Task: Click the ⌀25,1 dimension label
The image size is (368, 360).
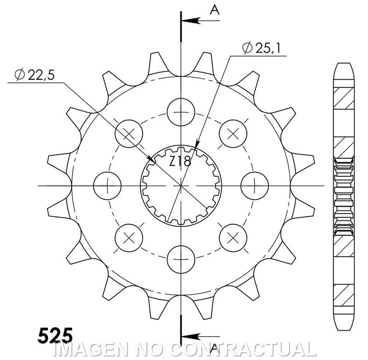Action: pos(261,48)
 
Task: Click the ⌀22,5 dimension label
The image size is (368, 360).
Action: pos(34,75)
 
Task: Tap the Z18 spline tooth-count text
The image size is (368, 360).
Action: pos(180,161)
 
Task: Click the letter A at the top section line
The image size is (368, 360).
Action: pos(214,10)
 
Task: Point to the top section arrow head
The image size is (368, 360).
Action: pos(190,21)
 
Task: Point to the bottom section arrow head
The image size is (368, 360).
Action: pos(190,337)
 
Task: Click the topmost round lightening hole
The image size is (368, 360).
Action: pos(181,112)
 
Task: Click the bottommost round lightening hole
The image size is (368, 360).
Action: pos(181,260)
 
